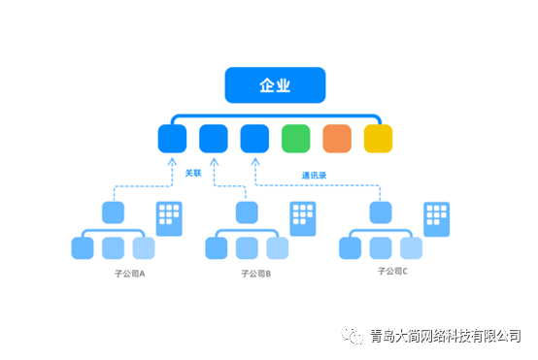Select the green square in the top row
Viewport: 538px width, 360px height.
[x=295, y=139]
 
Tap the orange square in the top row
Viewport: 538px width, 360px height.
[x=336, y=139]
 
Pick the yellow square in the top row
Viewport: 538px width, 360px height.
[x=378, y=139]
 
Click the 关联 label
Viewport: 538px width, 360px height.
[x=192, y=173]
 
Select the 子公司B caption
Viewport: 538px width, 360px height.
[x=255, y=274]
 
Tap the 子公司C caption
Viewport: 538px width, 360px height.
[x=392, y=273]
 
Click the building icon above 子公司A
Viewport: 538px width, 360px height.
[x=169, y=218]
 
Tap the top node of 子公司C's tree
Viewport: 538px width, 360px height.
[x=381, y=213]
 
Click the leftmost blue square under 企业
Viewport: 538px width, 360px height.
[x=172, y=139]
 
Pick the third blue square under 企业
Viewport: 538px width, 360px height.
[x=254, y=139]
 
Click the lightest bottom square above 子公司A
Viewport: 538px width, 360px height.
[x=144, y=248]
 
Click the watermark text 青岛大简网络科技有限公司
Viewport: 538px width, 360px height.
[x=445, y=337]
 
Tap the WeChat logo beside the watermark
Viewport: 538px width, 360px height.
[x=353, y=336]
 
